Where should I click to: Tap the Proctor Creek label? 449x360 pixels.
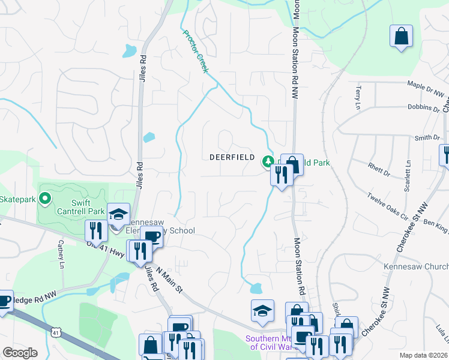[195, 51]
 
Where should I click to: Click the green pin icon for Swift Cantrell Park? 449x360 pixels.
[44, 197]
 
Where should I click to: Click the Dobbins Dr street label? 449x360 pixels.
[423, 107]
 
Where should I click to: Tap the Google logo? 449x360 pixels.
[20, 353]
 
